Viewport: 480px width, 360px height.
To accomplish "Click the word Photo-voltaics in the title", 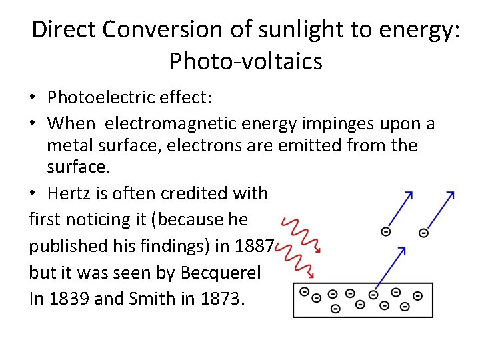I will (245, 61).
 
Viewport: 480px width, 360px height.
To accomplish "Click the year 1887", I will (254, 246).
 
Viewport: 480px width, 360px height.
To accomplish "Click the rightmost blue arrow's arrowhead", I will (451, 194).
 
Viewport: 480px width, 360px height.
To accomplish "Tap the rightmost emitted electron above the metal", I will (423, 233).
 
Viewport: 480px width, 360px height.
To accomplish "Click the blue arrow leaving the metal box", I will (391, 267).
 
